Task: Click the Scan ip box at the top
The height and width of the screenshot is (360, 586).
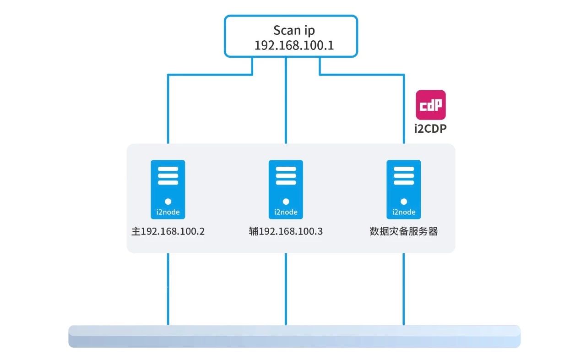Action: click(291, 36)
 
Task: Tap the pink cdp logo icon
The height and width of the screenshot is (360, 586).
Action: click(430, 105)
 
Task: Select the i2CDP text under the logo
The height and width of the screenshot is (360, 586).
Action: click(430, 129)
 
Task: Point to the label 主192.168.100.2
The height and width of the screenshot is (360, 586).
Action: click(168, 231)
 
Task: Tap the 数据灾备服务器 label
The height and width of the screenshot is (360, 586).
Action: click(404, 231)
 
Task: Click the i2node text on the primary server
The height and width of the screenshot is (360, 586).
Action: click(168, 212)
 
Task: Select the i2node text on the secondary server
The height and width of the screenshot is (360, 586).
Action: click(286, 212)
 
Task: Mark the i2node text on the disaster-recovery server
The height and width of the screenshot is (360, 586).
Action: click(404, 212)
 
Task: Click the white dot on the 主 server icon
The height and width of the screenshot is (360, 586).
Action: click(168, 201)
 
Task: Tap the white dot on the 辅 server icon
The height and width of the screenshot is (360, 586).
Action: click(286, 201)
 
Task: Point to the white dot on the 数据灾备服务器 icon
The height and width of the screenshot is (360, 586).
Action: click(404, 201)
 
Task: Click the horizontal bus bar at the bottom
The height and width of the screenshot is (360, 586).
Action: click(294, 336)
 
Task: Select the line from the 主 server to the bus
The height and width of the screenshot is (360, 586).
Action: click(168, 289)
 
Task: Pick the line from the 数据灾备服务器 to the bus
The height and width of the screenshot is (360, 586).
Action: click(404, 289)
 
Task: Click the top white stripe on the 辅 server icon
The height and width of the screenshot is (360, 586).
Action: click(286, 169)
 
